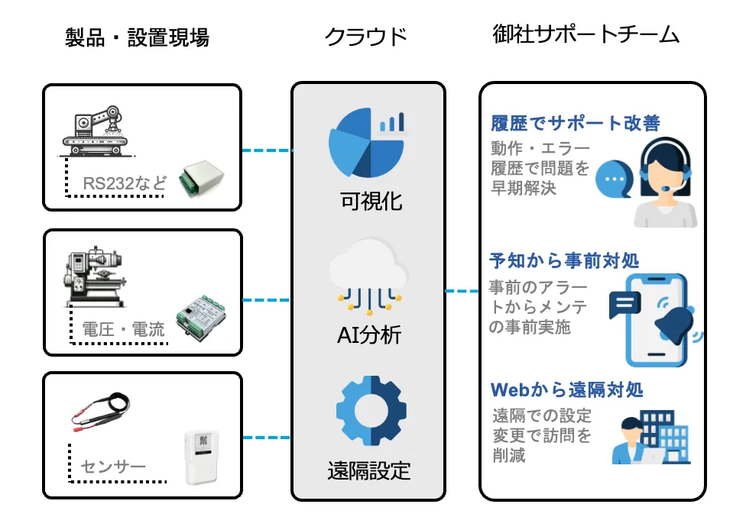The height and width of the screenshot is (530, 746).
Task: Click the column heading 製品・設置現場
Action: click(x=137, y=37)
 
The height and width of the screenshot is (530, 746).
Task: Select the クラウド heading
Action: click(x=365, y=36)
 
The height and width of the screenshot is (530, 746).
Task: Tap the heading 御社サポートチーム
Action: click(x=585, y=34)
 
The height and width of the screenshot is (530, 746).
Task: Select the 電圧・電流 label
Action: click(x=123, y=330)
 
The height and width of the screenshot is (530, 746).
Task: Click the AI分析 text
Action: click(x=368, y=335)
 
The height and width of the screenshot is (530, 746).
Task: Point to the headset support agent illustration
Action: click(x=664, y=183)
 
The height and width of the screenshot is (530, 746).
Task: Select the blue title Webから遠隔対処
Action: click(x=566, y=390)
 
